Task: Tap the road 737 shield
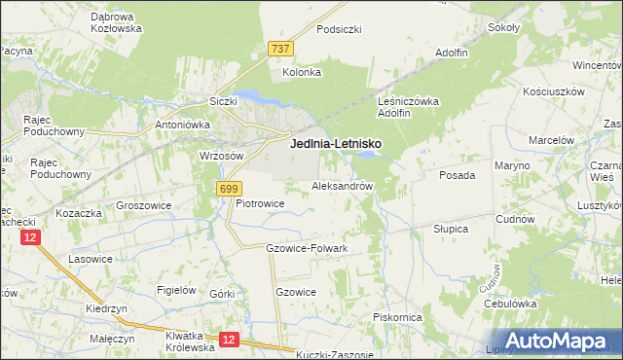[280, 48]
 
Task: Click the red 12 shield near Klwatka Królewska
[228, 339]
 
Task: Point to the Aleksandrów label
[343, 185]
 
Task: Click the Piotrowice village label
[260, 203]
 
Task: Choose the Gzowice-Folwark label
[307, 248]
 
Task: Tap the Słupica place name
[451, 229]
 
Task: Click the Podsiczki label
[339, 29]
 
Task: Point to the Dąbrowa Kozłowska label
[116, 22]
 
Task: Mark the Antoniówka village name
[183, 125]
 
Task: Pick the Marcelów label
[551, 140]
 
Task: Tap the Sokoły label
[503, 27]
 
